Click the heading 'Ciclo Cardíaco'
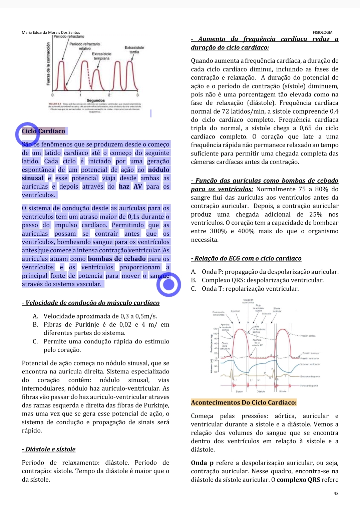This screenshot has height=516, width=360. click(x=44, y=131)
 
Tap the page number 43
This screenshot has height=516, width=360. click(x=336, y=493)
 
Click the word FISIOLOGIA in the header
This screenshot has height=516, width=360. click(x=322, y=32)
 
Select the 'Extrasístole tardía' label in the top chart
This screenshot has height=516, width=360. click(x=134, y=50)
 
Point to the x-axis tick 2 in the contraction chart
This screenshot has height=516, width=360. click(x=109, y=95)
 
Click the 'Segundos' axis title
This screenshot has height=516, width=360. click(x=96, y=100)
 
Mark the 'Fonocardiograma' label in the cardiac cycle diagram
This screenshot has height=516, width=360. click(x=309, y=385)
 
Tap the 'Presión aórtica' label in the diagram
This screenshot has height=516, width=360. click(x=308, y=336)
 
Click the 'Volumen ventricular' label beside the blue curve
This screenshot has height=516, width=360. click(x=310, y=364)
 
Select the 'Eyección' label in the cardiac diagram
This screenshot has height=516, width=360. click(x=235, y=311)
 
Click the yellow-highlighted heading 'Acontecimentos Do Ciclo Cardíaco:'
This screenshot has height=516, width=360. click(x=244, y=403)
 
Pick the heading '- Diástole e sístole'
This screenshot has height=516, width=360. click(x=49, y=449)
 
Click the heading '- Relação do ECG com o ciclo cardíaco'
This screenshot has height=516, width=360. click(x=246, y=258)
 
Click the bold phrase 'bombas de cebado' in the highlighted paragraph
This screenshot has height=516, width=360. click(x=117, y=259)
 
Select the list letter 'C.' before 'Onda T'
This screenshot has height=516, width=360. click(x=194, y=289)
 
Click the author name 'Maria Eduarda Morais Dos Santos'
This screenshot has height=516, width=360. click(x=51, y=32)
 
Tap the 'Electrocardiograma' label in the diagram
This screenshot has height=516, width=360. click(x=310, y=376)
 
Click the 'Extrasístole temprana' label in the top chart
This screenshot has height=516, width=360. click(x=102, y=56)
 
